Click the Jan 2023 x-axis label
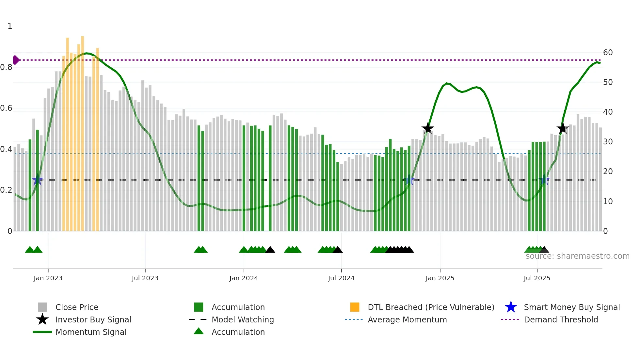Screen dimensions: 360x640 pos(48,278)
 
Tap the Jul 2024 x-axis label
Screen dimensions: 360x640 pos(341,278)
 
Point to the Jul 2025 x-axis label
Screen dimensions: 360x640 pos(536,278)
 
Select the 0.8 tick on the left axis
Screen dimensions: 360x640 pos(6,67)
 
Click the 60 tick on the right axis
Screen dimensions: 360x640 pos(608,53)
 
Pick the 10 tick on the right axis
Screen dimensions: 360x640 pos(608,202)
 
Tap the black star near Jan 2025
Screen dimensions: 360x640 pos(427,128)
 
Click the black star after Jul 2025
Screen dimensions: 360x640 pos(562,129)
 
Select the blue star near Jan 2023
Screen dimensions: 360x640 pos(38,180)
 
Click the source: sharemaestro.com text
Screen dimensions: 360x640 pos(577,256)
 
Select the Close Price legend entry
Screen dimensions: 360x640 pos(76,307)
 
